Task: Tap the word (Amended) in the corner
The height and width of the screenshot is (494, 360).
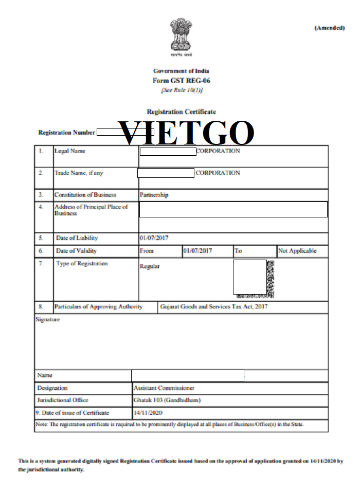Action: point(329,28)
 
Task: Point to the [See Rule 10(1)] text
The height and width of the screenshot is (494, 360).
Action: point(182,90)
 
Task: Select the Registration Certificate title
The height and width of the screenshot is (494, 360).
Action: point(181,112)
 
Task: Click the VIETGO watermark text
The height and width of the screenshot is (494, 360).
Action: point(186,133)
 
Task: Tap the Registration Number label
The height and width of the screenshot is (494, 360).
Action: point(67,133)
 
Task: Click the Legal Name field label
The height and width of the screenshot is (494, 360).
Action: point(70,151)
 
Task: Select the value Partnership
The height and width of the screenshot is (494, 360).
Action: point(154,195)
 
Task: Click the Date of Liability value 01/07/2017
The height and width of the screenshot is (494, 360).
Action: point(154,239)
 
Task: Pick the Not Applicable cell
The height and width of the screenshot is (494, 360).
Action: point(297,251)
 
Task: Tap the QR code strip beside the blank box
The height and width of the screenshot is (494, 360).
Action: point(271,279)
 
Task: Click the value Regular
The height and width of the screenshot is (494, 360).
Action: point(150,267)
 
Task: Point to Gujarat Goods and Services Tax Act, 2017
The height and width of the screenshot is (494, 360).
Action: point(213,307)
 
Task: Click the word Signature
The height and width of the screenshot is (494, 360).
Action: point(48,320)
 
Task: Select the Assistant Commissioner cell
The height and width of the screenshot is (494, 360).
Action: point(164,388)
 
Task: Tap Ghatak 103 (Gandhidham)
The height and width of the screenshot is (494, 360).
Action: point(167,400)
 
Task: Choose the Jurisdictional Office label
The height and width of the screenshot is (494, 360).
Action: point(63,400)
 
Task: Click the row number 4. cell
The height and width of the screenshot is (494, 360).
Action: point(41,207)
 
